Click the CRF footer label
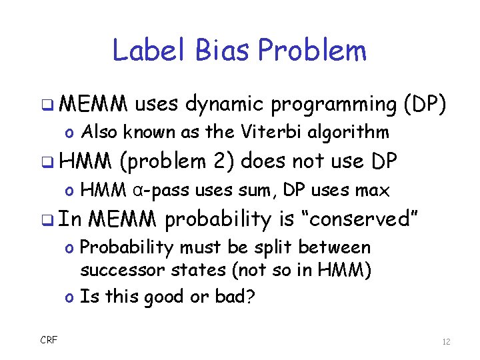point(49,340)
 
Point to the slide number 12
point(446,342)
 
